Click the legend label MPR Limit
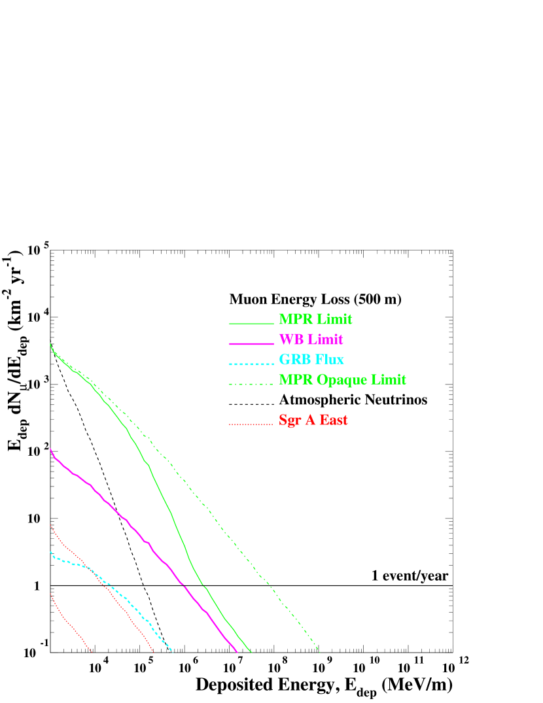(x=315, y=319)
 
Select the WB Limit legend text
(x=311, y=339)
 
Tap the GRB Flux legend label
(x=311, y=360)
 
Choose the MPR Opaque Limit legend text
(x=342, y=380)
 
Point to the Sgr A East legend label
(x=313, y=420)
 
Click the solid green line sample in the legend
(x=251, y=323)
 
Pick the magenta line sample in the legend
(x=251, y=343)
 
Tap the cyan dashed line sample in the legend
(x=251, y=364)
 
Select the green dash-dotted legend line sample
(x=251, y=384)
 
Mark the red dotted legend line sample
(x=251, y=424)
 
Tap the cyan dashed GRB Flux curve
(x=124, y=596)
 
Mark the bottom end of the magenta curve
(x=236, y=651)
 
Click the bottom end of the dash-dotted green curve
(x=320, y=652)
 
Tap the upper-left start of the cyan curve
(x=51, y=553)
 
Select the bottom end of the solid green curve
(x=251, y=652)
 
